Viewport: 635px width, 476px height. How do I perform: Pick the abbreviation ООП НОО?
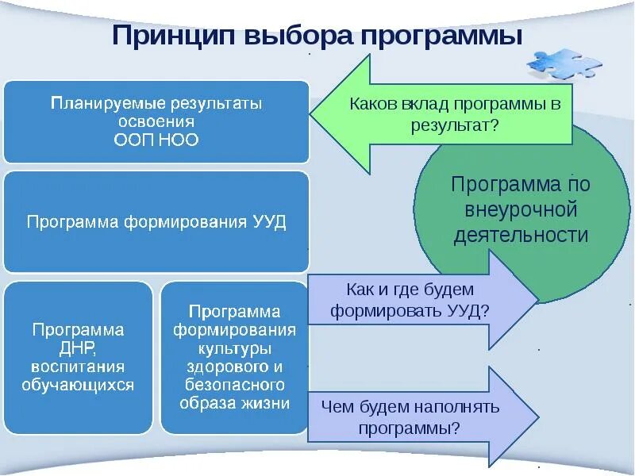[x=156, y=140]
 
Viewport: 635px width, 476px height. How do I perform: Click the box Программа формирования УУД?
[x=156, y=221]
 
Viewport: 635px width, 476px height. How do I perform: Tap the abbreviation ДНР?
[x=78, y=347]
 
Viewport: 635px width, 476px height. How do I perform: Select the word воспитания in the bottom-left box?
[x=78, y=367]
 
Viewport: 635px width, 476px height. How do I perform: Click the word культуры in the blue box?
[x=234, y=348]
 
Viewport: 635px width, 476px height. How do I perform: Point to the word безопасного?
[x=234, y=385]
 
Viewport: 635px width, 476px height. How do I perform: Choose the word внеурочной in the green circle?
[x=521, y=210]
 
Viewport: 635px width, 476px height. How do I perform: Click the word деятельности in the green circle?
[x=521, y=235]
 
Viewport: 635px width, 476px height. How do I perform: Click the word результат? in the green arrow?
[x=455, y=125]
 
